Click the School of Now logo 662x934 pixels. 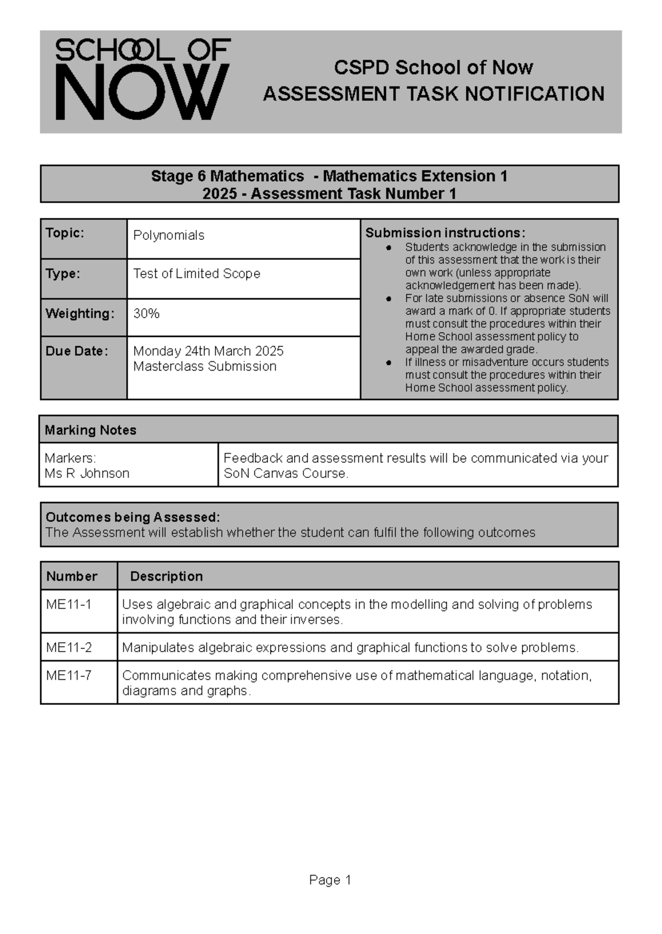pyautogui.click(x=142, y=79)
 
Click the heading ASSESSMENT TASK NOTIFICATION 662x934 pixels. pyautogui.click(x=434, y=94)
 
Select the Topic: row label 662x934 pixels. pyautogui.click(x=65, y=233)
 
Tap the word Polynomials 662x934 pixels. pyautogui.click(x=169, y=235)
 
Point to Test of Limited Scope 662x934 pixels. pyautogui.click(x=196, y=273)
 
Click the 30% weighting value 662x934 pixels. pyautogui.click(x=146, y=314)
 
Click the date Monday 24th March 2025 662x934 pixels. pyautogui.click(x=208, y=351)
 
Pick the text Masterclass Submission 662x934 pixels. pyautogui.click(x=205, y=367)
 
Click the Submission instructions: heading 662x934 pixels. pyautogui.click(x=445, y=233)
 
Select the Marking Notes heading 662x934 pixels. pyautogui.click(x=90, y=430)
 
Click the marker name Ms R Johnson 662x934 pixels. pyautogui.click(x=87, y=474)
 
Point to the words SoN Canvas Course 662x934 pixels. pyautogui.click(x=285, y=474)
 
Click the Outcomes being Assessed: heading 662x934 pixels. pyautogui.click(x=132, y=517)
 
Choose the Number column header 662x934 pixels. pyautogui.click(x=72, y=576)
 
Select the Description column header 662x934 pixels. pyautogui.click(x=166, y=576)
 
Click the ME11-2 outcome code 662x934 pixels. pyautogui.click(x=69, y=647)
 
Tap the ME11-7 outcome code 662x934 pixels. pyautogui.click(x=69, y=675)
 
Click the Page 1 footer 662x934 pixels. pyautogui.click(x=330, y=880)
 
